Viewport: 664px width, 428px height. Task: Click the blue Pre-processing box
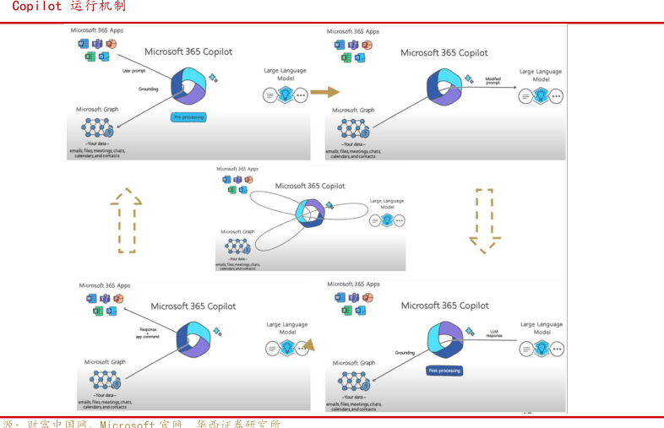pos(188,116)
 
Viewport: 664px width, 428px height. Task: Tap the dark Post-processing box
pos(444,371)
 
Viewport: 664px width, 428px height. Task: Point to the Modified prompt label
pos(493,81)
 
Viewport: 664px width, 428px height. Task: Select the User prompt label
pos(133,71)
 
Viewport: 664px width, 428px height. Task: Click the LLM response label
pos(495,333)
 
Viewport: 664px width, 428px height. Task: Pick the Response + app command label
pos(149,333)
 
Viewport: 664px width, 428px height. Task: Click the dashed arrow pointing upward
pos(126,220)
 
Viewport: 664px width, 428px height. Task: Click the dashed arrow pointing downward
pos(484,220)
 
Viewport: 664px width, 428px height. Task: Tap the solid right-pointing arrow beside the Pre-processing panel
pos(324,92)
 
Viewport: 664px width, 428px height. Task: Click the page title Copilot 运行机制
pos(68,7)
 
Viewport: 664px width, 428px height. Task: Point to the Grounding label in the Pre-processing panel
pos(149,89)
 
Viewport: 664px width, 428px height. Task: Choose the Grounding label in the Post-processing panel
pos(405,353)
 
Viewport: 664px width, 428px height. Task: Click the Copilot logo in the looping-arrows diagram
pos(310,212)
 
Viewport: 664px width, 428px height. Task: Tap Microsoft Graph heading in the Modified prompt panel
pos(353,110)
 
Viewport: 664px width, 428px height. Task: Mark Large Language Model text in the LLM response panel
pos(542,328)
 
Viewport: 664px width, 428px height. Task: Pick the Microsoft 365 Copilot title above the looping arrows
pos(310,186)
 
